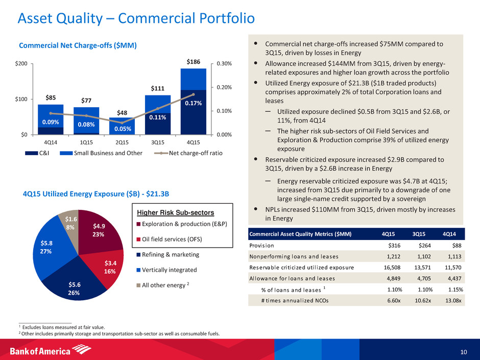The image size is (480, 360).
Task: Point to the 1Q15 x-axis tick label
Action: click(86, 141)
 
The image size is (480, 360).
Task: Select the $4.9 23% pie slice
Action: click(99, 230)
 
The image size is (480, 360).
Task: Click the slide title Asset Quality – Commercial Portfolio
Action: click(136, 19)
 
